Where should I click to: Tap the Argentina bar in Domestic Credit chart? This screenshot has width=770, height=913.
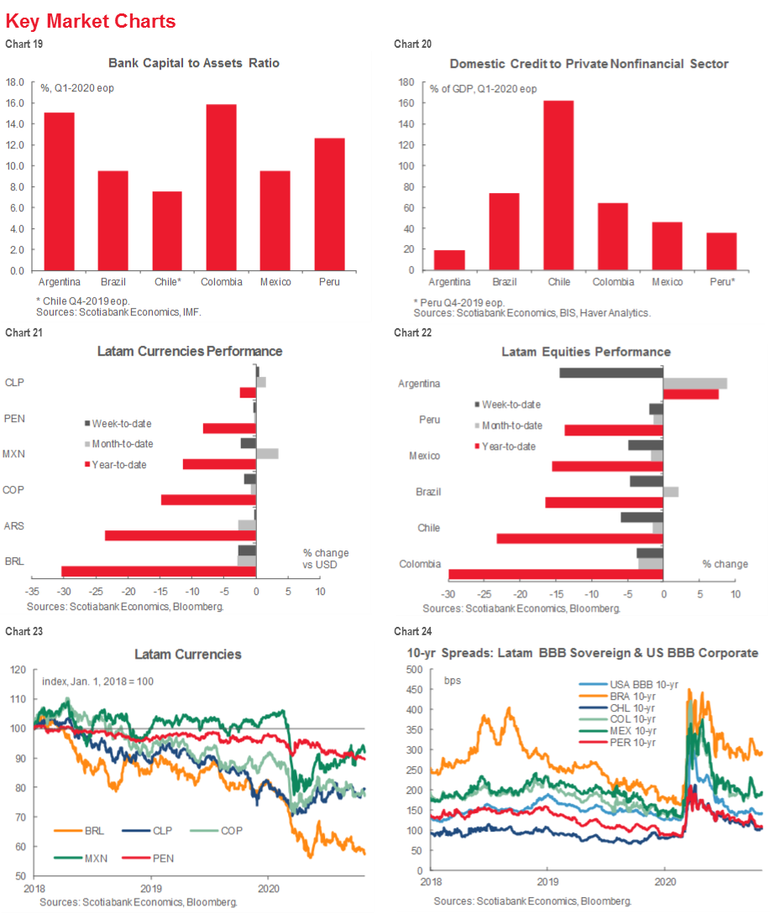click(x=450, y=260)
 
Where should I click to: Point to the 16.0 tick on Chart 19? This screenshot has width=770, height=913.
click(x=16, y=103)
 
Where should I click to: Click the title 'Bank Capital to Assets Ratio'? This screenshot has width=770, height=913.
click(x=194, y=63)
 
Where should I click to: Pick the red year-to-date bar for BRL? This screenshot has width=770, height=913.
click(x=159, y=571)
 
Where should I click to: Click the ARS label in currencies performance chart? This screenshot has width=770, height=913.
click(x=13, y=525)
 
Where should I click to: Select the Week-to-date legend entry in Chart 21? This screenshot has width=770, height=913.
click(x=122, y=424)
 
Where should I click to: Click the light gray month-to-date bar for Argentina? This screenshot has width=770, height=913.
click(x=695, y=383)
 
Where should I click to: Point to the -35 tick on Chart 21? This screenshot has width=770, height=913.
click(x=32, y=592)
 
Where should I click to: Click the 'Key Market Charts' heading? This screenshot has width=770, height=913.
click(x=91, y=21)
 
